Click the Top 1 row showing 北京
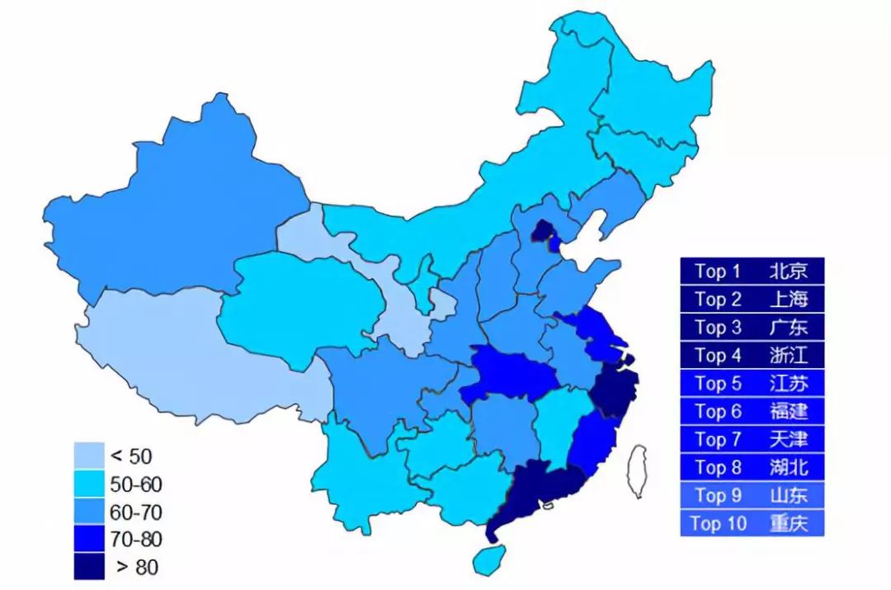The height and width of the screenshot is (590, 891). [x=752, y=271]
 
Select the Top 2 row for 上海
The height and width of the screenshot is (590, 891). [x=752, y=299]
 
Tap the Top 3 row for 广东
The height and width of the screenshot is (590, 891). [x=752, y=327]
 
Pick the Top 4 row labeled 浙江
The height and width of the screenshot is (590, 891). [x=752, y=355]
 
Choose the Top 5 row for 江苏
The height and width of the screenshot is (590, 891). [x=752, y=383]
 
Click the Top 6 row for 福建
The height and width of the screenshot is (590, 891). [x=752, y=411]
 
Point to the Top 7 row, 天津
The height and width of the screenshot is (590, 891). [x=752, y=439]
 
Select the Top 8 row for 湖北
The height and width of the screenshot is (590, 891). [x=752, y=467]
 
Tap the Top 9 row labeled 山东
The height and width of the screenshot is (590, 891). [x=752, y=495]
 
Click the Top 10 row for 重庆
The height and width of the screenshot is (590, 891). [x=752, y=523]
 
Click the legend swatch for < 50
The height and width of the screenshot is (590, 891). [x=89, y=455]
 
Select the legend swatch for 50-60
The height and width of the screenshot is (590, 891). [x=89, y=484]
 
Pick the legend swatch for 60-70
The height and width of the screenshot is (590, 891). [x=89, y=512]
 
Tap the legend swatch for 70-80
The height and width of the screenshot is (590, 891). [x=89, y=540]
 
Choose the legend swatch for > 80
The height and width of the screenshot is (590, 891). [x=89, y=567]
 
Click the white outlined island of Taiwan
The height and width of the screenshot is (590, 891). [x=638, y=471]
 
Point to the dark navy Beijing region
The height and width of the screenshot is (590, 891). [x=542, y=232]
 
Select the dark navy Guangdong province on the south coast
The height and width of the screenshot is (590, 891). [x=536, y=491]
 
